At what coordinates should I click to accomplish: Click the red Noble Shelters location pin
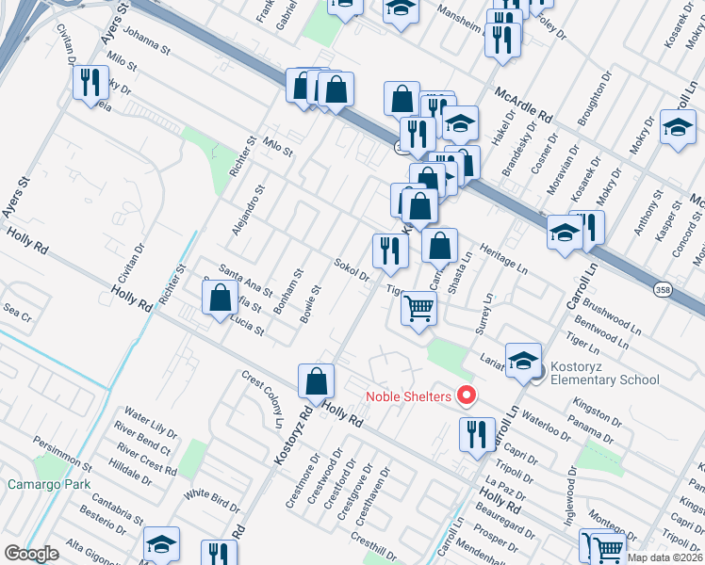(x=464, y=395)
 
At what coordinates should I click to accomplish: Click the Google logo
(x=31, y=554)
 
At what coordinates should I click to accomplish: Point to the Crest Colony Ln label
(x=262, y=398)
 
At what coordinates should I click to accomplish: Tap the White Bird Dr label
(x=212, y=499)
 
